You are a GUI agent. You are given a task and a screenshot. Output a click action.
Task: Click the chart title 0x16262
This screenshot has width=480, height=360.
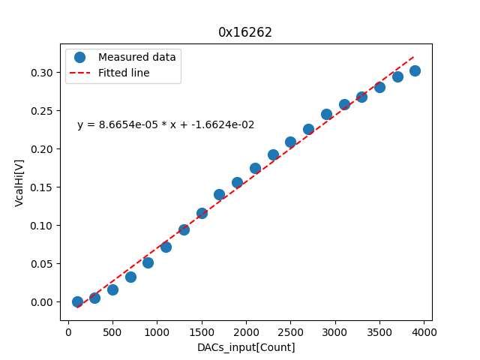pos(245,32)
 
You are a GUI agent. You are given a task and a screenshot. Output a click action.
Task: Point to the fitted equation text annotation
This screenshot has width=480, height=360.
pos(166,125)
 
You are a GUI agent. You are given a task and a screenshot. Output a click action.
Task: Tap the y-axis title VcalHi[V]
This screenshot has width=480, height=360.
pos(19,181)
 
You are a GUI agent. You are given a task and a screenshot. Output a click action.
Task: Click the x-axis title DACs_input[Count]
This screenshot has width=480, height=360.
pos(246,347)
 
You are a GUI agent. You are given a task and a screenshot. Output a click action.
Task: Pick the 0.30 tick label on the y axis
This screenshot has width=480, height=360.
pos(41,73)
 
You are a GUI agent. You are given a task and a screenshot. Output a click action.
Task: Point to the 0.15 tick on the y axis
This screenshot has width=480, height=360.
pos(41,187)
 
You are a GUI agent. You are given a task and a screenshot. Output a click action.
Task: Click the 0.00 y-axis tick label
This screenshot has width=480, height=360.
pos(41,302)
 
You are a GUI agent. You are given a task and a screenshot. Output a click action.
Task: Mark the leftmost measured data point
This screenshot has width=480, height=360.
pos(77,301)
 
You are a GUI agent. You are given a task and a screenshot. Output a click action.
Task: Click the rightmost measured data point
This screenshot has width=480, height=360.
pos(415,70)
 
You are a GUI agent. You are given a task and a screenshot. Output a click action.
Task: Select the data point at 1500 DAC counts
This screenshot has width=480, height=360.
pos(202,213)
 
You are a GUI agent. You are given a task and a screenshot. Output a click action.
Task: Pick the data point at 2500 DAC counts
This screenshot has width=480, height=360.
pos(290,142)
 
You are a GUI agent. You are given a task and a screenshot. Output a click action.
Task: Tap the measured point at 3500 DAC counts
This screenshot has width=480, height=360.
pos(379,87)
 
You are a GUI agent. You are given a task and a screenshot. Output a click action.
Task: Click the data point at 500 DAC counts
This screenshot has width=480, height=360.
pos(112,289)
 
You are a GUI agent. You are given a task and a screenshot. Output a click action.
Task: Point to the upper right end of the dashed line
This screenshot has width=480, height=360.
pos(415,55)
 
